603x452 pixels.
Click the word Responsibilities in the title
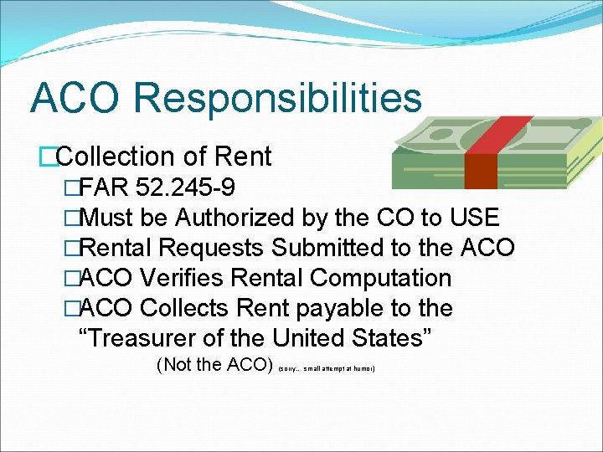click(277, 98)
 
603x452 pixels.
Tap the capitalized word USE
click(473, 218)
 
